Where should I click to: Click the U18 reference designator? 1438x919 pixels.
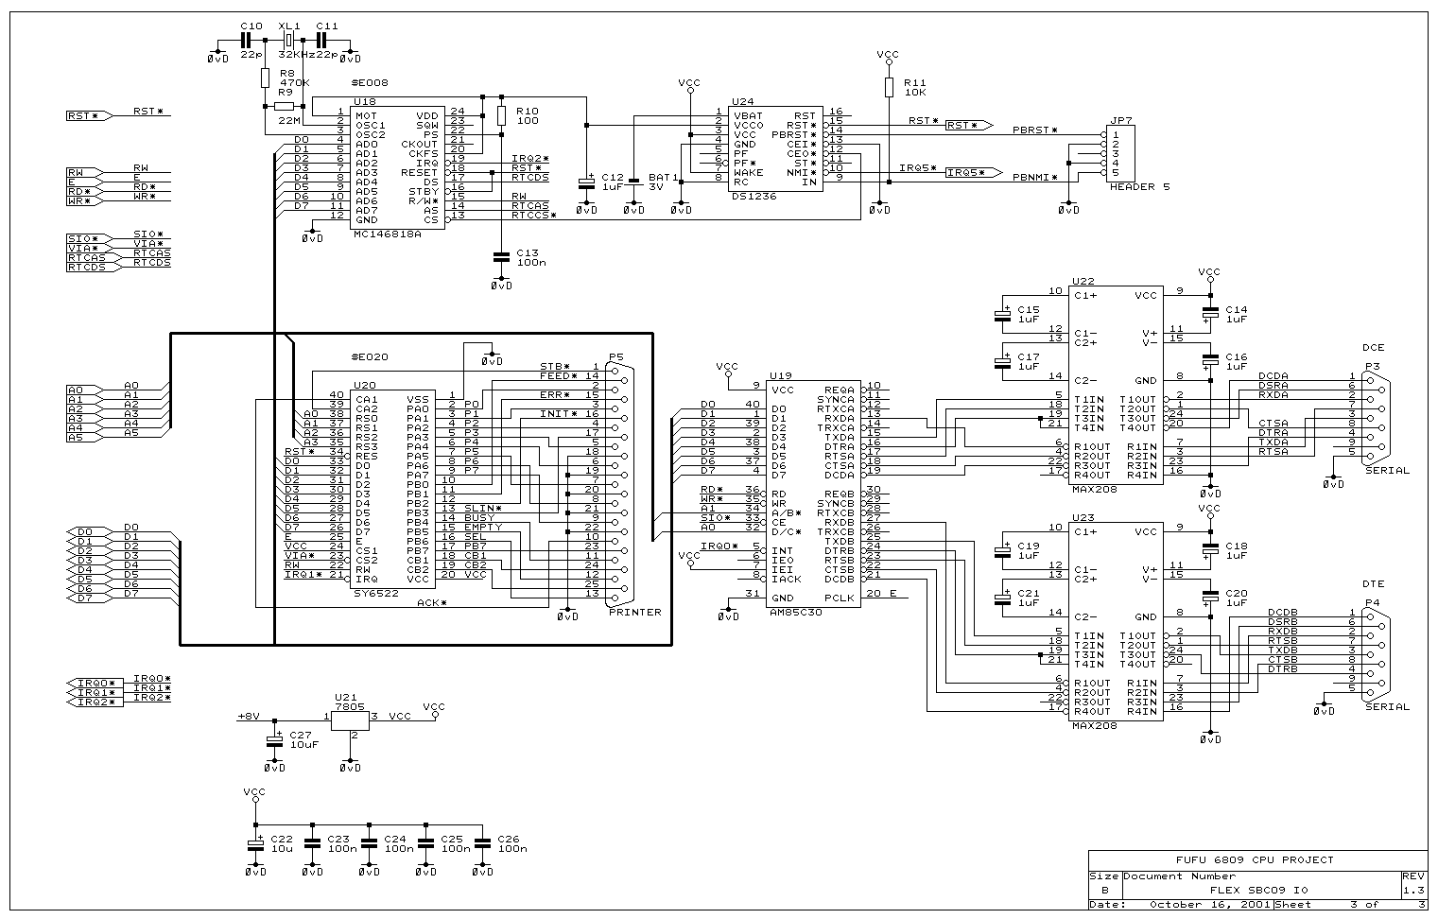pos(365,100)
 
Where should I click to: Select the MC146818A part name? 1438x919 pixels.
pos(387,232)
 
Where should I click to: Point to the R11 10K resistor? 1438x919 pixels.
pos(889,87)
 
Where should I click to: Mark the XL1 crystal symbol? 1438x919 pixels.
pos(289,40)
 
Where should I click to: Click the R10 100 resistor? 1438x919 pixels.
pos(501,115)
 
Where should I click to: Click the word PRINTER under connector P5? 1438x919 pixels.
pos(635,612)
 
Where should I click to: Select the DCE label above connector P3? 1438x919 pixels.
pos(1373,348)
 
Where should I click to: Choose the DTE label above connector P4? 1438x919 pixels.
pos(1373,584)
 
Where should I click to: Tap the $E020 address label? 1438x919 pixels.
pos(369,356)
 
